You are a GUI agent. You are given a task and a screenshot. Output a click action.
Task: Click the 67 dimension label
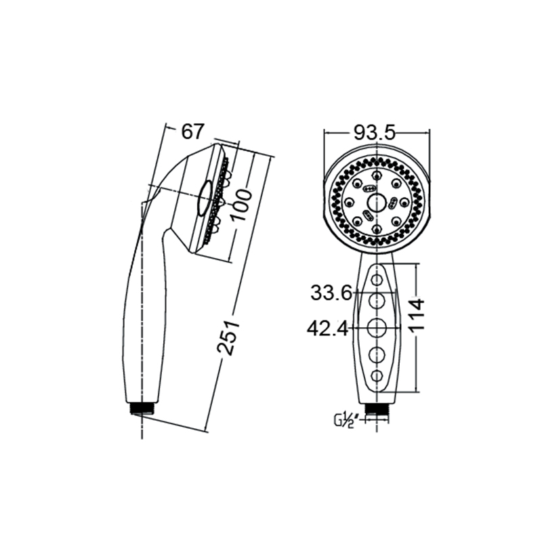click(x=193, y=131)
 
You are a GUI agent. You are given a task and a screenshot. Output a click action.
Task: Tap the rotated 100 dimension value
click(x=241, y=205)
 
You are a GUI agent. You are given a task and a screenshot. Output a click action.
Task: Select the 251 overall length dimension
click(x=228, y=337)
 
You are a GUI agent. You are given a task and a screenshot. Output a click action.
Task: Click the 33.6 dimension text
click(x=331, y=293)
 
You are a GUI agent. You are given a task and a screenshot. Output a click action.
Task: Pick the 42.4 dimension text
click(x=328, y=329)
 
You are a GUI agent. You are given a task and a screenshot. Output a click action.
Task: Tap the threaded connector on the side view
click(x=142, y=409)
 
